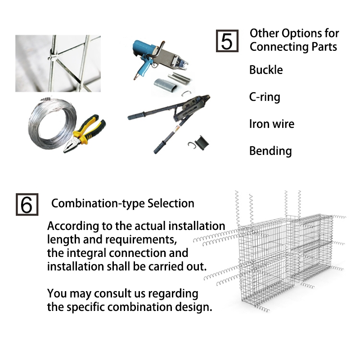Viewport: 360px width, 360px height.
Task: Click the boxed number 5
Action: tap(227, 41)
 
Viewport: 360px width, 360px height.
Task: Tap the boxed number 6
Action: tap(27, 204)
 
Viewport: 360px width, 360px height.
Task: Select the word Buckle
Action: tap(266, 70)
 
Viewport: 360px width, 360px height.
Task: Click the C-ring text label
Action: tap(265, 97)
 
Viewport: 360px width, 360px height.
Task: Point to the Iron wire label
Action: tap(272, 124)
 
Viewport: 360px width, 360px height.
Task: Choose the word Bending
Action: tap(270, 151)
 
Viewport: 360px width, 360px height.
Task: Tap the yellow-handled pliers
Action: tap(84, 133)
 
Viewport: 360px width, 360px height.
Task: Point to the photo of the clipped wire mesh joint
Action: tap(58, 63)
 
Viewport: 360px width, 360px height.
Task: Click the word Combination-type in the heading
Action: tap(98, 203)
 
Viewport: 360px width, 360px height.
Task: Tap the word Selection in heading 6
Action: tap(171, 203)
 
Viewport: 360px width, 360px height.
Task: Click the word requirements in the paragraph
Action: tap(130, 240)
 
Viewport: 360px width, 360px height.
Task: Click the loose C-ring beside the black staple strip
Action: tap(192, 145)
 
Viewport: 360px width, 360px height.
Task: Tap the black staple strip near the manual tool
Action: tap(202, 143)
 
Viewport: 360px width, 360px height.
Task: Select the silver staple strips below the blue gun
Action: tap(172, 82)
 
